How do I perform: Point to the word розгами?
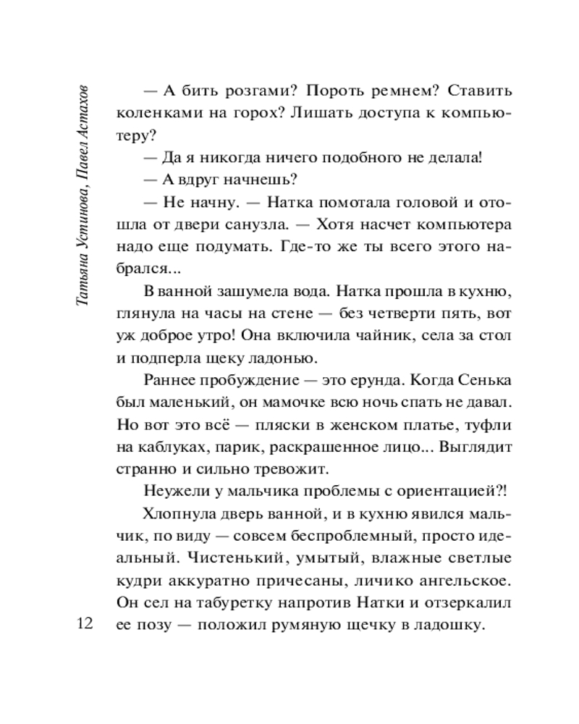click(246, 93)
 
